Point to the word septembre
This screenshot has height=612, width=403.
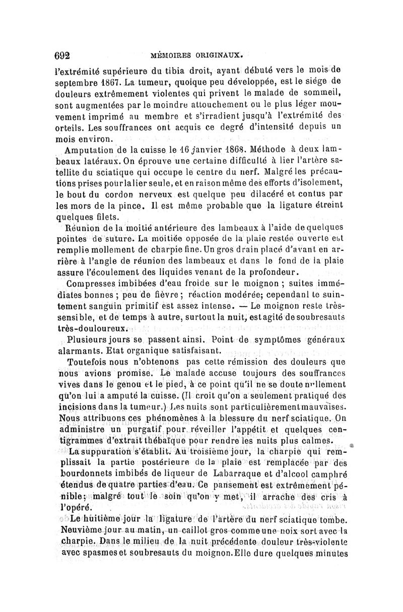tap(76, 81)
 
